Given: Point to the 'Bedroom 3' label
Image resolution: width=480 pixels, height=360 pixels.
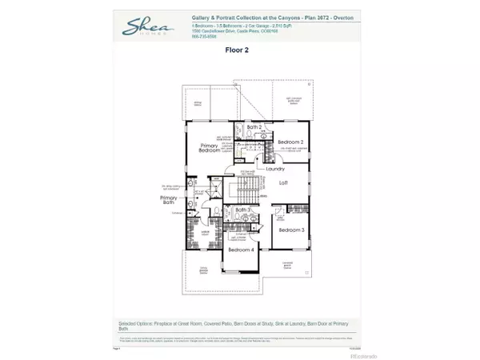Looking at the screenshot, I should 291,230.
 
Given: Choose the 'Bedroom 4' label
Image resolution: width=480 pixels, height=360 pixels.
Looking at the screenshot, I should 240,250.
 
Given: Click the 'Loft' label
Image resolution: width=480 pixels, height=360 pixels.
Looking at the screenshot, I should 283,182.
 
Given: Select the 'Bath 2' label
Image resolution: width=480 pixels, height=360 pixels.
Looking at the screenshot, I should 254,127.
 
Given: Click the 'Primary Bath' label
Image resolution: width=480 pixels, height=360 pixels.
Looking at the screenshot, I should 169,200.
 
